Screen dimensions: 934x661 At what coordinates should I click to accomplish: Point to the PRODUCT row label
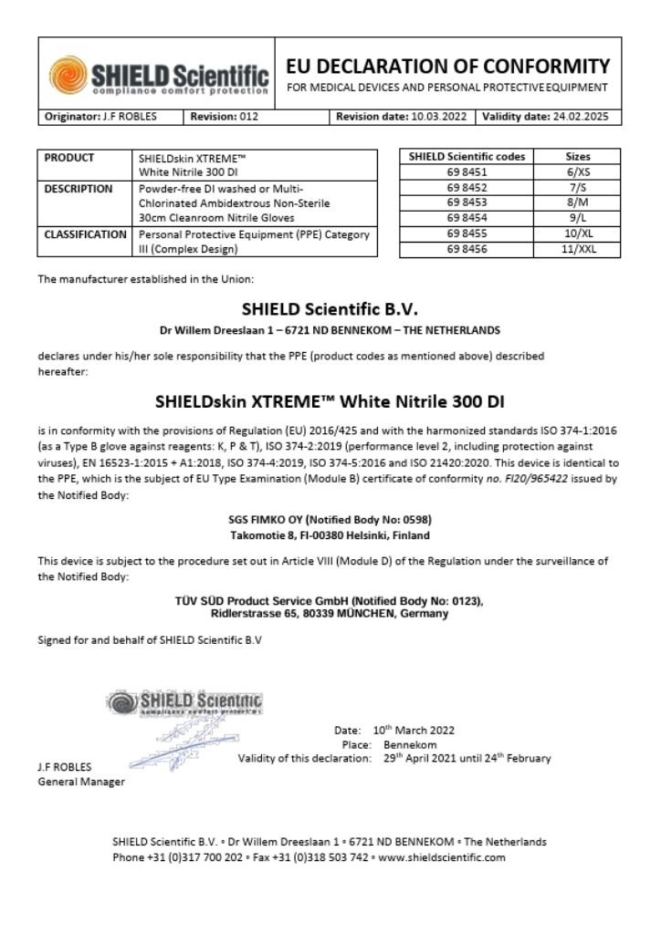click(69, 158)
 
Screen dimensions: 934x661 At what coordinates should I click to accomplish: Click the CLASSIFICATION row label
click(86, 235)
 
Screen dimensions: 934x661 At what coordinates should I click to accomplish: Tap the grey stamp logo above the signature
click(184, 702)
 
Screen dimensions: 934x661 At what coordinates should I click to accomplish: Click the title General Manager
click(81, 782)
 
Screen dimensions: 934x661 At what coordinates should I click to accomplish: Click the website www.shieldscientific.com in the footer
click(441, 857)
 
